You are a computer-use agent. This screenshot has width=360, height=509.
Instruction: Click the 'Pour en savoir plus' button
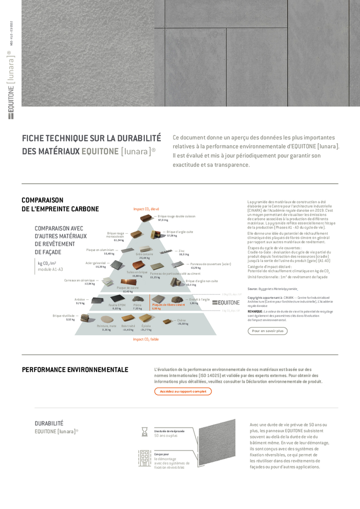[267, 331]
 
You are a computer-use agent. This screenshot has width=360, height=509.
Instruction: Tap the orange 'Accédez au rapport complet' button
[183, 391]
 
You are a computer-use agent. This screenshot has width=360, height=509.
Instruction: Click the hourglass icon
[144, 432]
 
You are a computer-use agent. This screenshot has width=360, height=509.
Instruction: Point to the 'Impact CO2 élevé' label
[146, 209]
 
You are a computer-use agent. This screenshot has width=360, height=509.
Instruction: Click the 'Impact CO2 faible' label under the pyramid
[146, 339]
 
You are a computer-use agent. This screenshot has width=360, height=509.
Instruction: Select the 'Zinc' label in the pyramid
[182, 250]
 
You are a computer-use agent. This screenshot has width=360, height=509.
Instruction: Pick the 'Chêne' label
[181, 320]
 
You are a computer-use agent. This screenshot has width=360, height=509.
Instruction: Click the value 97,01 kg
[163, 220]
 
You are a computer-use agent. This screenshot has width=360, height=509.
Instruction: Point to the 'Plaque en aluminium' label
[100, 250]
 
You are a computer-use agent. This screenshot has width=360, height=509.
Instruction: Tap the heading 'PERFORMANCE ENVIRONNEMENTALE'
[75, 370]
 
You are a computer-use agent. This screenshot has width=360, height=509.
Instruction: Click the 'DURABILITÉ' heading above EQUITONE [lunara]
[49, 423]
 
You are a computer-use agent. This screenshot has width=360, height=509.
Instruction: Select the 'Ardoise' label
[80, 299]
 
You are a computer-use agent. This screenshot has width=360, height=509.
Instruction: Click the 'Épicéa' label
[146, 326]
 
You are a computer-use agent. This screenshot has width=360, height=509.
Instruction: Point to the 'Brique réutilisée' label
[64, 316]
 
